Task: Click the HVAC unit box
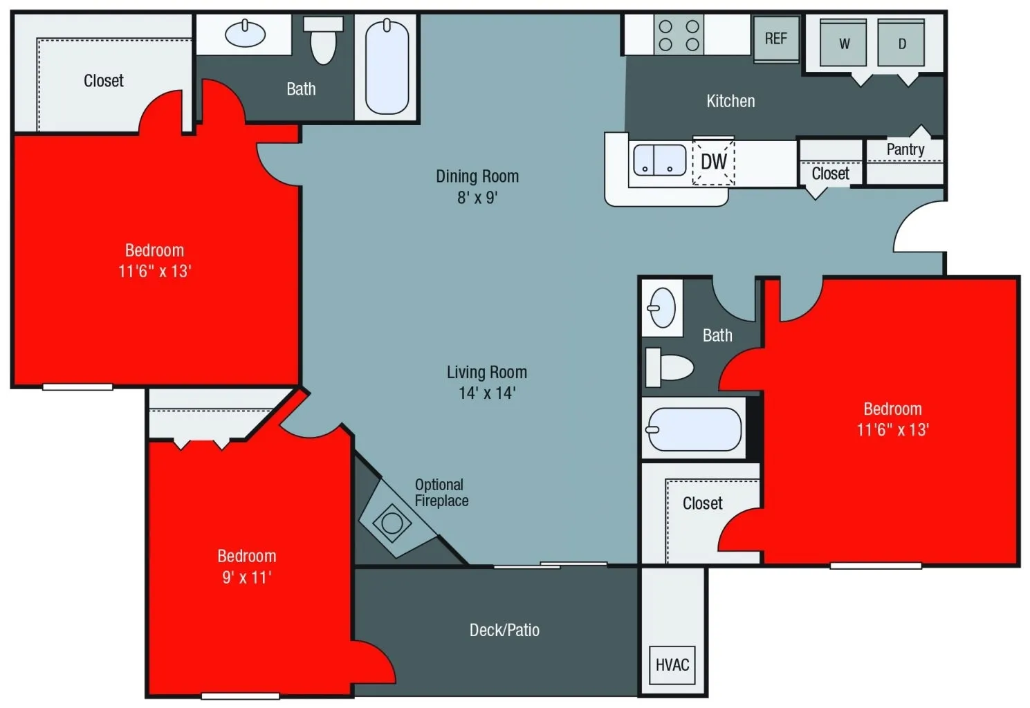click(672, 665)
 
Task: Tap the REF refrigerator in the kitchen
click(775, 39)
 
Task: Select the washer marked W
click(843, 44)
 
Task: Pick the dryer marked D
click(901, 44)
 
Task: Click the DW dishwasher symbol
click(713, 162)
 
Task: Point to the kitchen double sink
click(660, 160)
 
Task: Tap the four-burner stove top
click(679, 35)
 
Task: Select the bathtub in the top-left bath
click(387, 67)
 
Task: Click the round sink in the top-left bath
click(245, 33)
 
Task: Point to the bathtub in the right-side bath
click(693, 429)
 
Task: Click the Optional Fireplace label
click(441, 492)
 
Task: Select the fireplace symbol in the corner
click(392, 522)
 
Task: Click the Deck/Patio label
click(504, 630)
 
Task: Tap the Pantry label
click(905, 149)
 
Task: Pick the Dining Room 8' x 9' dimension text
click(477, 198)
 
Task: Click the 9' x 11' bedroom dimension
click(247, 577)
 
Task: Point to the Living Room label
click(487, 373)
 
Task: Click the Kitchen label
click(730, 101)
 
